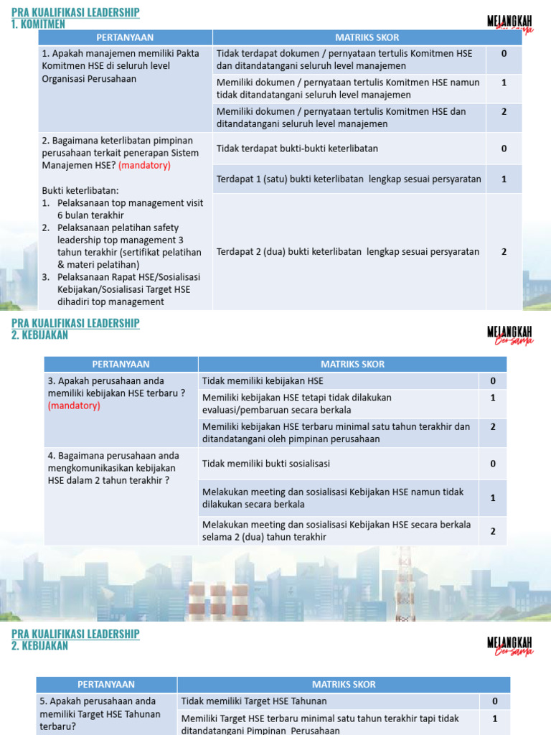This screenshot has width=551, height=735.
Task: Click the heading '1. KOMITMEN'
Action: tap(38, 24)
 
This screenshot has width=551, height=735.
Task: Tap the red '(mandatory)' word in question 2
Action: tap(144, 165)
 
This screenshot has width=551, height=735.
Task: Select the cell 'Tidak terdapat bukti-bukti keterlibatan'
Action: tap(297, 149)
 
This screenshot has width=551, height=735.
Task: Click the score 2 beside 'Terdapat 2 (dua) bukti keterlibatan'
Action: tap(504, 252)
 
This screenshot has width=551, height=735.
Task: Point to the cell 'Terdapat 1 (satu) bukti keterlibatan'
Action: tap(349, 179)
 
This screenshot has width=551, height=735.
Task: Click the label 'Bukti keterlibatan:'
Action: tap(80, 190)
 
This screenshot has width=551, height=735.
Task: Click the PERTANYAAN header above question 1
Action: tap(126, 37)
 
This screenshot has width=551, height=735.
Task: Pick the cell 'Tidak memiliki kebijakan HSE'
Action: tap(263, 381)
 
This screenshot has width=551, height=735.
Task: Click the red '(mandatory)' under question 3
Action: tap(74, 406)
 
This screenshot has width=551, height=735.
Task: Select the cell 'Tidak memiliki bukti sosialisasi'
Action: tap(266, 464)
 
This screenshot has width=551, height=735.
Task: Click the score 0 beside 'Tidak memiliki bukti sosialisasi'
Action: tap(493, 464)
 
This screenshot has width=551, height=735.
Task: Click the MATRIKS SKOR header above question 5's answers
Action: tap(344, 684)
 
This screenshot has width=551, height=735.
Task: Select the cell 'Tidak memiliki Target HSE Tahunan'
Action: tap(254, 701)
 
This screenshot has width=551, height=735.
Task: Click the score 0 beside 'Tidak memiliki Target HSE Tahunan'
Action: tap(494, 701)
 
